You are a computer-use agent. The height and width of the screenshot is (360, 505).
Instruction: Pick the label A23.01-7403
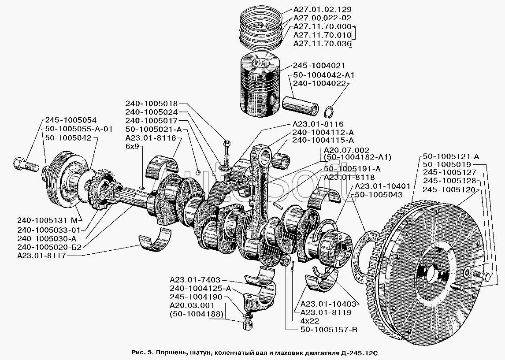194,280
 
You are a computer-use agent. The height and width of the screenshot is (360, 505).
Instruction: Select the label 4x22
310,321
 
